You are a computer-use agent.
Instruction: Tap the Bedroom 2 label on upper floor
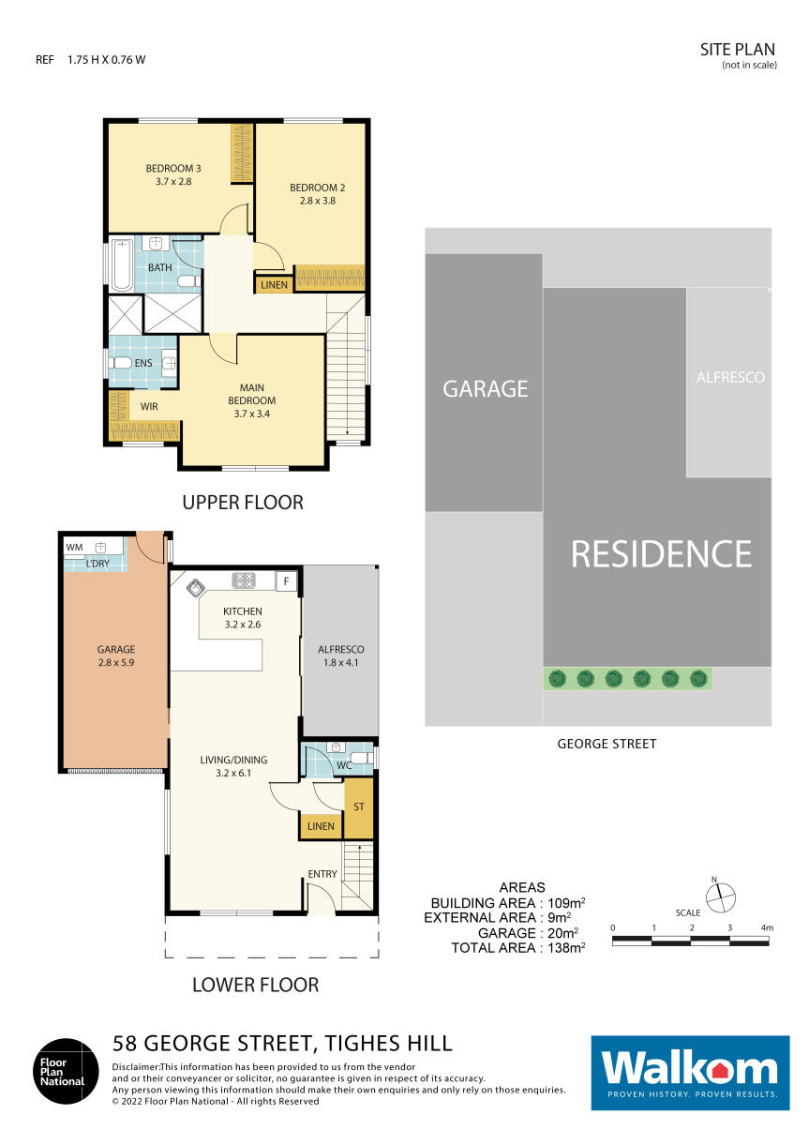point(310,193)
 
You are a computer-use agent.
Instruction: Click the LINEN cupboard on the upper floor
point(273,284)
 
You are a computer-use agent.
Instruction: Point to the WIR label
point(148,407)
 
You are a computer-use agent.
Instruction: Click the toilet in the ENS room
point(121,363)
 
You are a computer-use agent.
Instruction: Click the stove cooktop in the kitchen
point(244,581)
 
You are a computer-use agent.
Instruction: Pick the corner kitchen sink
point(197,588)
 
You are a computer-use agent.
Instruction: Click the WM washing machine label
point(74,546)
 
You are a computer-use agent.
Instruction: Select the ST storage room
point(358,806)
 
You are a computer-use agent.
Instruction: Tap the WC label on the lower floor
point(343,765)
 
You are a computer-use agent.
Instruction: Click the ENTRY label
point(322,874)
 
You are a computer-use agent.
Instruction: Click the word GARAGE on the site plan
point(486,388)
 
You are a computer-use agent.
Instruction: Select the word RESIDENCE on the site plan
point(661,554)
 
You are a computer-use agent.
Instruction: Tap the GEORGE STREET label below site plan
point(607,744)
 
